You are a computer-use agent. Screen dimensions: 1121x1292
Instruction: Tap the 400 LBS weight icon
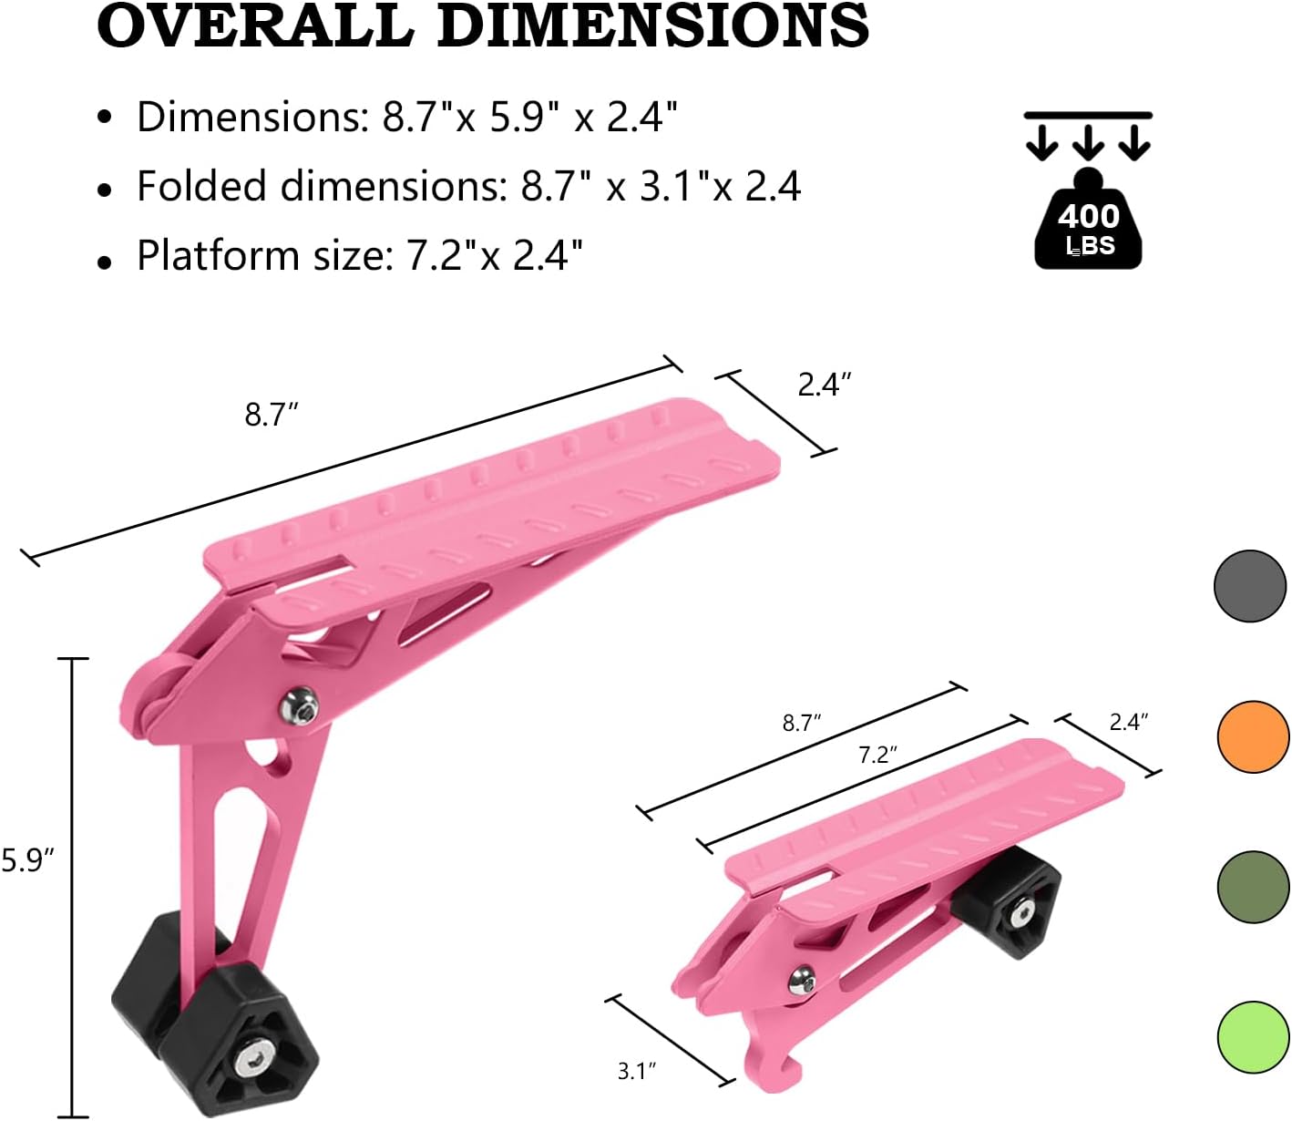pos(1088,223)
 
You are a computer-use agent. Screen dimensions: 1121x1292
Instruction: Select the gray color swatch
pos(1250,586)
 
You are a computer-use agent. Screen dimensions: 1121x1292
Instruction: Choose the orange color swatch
pos(1253,736)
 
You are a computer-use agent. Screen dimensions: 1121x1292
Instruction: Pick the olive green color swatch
pos(1253,887)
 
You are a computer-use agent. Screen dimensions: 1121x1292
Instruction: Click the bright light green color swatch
pos(1253,1037)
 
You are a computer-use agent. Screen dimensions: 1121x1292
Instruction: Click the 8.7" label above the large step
pos(272,415)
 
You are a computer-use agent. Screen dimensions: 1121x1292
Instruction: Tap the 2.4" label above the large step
pos(824,385)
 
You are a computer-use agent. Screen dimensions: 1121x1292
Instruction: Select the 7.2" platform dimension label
pos(877,755)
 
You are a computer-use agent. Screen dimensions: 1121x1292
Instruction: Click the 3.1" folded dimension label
pos(637,1071)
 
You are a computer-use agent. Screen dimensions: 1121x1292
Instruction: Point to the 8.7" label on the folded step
pos(802,723)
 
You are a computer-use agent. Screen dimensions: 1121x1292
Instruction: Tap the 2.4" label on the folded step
pos(1128,722)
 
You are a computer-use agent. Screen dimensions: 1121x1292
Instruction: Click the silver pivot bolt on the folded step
pos(802,980)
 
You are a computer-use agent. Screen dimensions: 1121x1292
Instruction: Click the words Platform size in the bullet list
pos(259,255)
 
